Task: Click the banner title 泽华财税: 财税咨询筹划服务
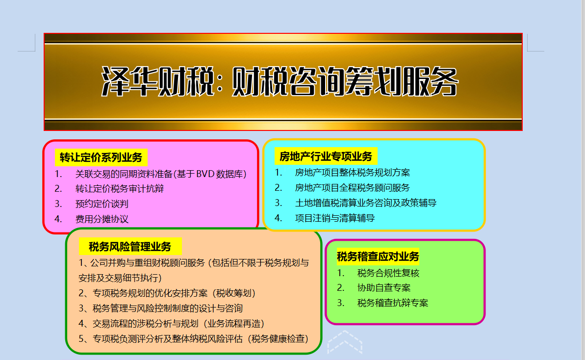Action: [x=280, y=81]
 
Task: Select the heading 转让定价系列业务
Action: [x=101, y=157]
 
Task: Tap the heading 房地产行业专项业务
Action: [x=326, y=156]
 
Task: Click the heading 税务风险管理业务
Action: [x=130, y=247]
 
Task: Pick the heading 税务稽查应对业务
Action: [x=378, y=257]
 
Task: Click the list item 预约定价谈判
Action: [x=102, y=204]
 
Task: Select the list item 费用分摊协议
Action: [x=102, y=219]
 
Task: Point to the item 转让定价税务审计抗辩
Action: [x=119, y=188]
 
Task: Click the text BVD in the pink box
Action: [x=205, y=174]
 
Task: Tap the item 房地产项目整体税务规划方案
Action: [x=352, y=172]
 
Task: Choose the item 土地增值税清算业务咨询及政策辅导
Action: [x=366, y=203]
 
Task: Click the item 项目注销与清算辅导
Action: [x=334, y=218]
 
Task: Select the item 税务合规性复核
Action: [x=388, y=273]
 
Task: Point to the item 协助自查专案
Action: [x=384, y=287]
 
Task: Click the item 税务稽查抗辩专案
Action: [x=392, y=303]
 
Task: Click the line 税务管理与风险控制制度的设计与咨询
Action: [x=168, y=308]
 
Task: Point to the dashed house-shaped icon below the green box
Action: [x=345, y=342]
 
